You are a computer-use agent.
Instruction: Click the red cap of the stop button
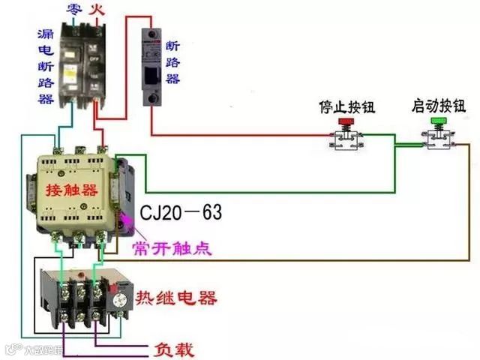click(346, 122)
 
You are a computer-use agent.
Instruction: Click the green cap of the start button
click(438, 120)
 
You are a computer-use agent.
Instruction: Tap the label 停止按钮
click(346, 106)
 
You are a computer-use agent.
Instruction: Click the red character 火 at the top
click(96, 9)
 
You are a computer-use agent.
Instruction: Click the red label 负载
click(173, 349)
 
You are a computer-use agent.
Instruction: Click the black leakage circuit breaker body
click(82, 64)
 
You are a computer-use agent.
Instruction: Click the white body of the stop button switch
click(346, 141)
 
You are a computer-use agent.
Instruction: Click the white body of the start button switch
click(437, 139)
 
